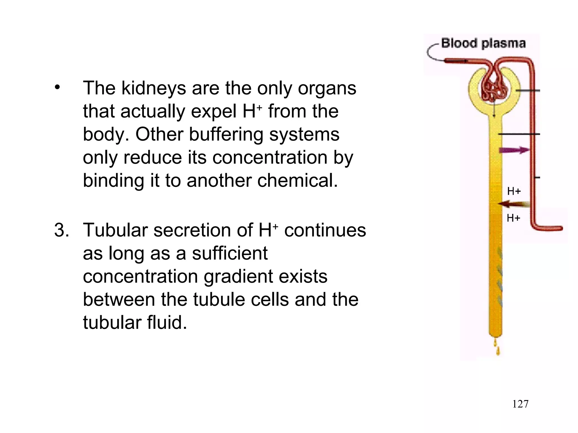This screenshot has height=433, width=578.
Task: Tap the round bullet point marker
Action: [x=58, y=88]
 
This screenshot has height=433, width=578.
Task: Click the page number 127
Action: [x=520, y=404]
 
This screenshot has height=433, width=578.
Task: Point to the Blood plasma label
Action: [x=483, y=43]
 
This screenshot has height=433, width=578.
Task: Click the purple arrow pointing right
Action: [x=514, y=150]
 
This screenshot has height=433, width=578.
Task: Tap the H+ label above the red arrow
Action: [x=514, y=191]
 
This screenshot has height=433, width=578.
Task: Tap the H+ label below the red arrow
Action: [x=513, y=218]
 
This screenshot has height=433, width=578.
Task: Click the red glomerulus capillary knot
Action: [x=494, y=90]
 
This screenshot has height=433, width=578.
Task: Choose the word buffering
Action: [x=226, y=135]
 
